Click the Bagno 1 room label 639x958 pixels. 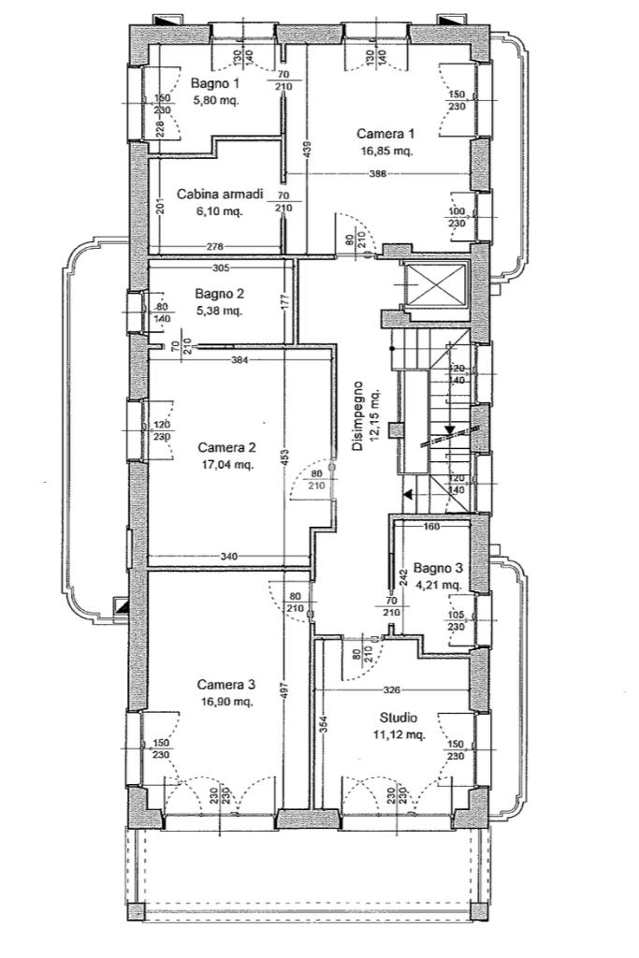pyautogui.click(x=216, y=82)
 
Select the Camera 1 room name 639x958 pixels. pyautogui.click(x=385, y=134)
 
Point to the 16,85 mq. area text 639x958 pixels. pyautogui.click(x=385, y=150)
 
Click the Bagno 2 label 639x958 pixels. pyautogui.click(x=220, y=293)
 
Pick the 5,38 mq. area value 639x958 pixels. pyautogui.click(x=220, y=310)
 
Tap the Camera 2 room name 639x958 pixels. pyautogui.click(x=226, y=446)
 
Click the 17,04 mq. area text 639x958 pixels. pyautogui.click(x=226, y=463)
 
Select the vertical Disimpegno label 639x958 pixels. pyautogui.click(x=356, y=416)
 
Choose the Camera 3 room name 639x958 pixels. pyautogui.click(x=225, y=684)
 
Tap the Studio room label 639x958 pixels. pyautogui.click(x=398, y=718)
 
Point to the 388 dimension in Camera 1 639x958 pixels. pyautogui.click(x=376, y=173)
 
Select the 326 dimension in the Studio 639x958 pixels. pyautogui.click(x=391, y=690)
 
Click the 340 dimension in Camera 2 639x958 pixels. pyautogui.click(x=229, y=557)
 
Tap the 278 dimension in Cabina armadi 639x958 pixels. pyautogui.click(x=215, y=246)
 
